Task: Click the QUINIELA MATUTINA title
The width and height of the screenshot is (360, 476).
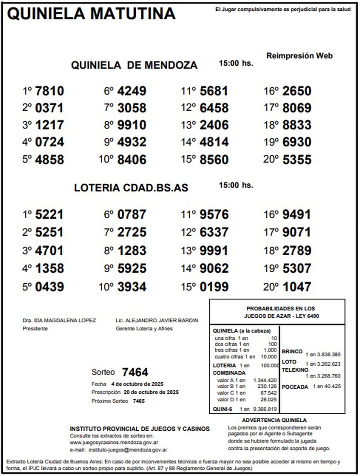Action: (x=91, y=13)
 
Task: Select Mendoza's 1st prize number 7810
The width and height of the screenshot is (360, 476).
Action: (x=49, y=91)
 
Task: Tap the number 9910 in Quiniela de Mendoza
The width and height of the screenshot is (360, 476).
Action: (x=132, y=125)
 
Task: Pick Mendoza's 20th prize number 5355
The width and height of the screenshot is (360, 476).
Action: (x=297, y=160)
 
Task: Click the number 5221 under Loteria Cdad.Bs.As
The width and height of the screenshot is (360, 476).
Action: (x=49, y=214)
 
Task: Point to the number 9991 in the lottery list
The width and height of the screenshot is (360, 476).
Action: (x=214, y=250)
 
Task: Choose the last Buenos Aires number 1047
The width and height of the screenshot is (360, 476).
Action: (x=297, y=287)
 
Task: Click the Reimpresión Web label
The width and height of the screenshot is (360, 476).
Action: (x=299, y=56)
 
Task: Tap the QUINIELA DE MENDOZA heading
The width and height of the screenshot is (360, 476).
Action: (x=134, y=65)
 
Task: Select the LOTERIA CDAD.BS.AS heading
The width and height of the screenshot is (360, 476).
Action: (x=131, y=188)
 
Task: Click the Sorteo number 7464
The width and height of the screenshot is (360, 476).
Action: (x=135, y=372)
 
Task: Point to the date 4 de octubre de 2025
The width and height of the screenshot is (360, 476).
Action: (x=137, y=384)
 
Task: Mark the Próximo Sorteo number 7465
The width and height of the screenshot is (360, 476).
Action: (x=139, y=401)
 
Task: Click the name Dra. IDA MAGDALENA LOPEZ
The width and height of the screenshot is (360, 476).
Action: (x=59, y=320)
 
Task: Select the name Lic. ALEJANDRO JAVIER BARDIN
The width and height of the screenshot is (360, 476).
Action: (x=157, y=320)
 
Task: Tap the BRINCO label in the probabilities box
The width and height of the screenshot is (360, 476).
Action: (x=292, y=352)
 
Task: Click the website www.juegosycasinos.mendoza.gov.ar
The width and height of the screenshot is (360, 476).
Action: (x=114, y=442)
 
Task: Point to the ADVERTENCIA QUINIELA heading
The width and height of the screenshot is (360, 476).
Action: (x=274, y=421)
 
